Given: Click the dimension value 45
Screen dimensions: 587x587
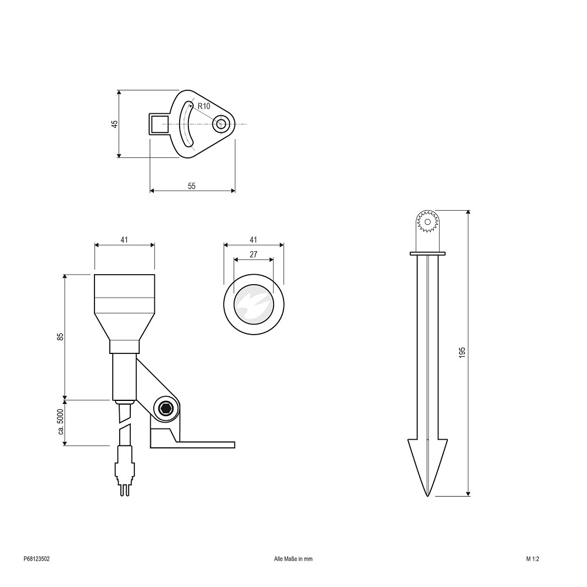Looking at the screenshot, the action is pyautogui.click(x=115, y=123).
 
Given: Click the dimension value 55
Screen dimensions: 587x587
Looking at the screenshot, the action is pyautogui.click(x=192, y=186).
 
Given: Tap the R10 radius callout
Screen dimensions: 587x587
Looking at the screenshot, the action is pyautogui.click(x=204, y=106).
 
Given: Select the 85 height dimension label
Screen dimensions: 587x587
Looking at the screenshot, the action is pyautogui.click(x=60, y=336).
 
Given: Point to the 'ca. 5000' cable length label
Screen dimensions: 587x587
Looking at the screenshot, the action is pyautogui.click(x=61, y=421).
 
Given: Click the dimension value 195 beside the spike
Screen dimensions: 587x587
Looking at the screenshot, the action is pyautogui.click(x=462, y=353).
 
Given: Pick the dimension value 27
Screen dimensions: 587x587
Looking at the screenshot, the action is pyautogui.click(x=254, y=255).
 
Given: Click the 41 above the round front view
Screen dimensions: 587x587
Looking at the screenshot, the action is pyautogui.click(x=254, y=239).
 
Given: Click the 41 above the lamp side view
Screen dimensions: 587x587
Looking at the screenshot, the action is pyautogui.click(x=124, y=239).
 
